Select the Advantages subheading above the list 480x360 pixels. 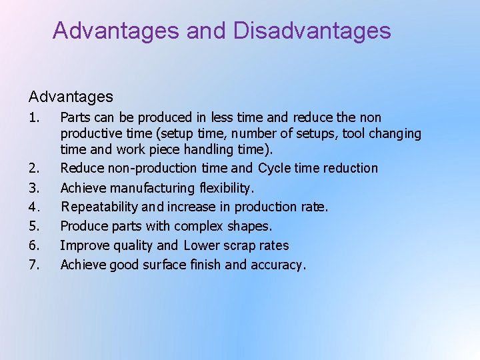(x=71, y=97)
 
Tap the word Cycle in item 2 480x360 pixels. (x=275, y=168)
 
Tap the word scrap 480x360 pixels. (x=239, y=245)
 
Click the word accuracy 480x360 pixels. (x=278, y=265)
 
